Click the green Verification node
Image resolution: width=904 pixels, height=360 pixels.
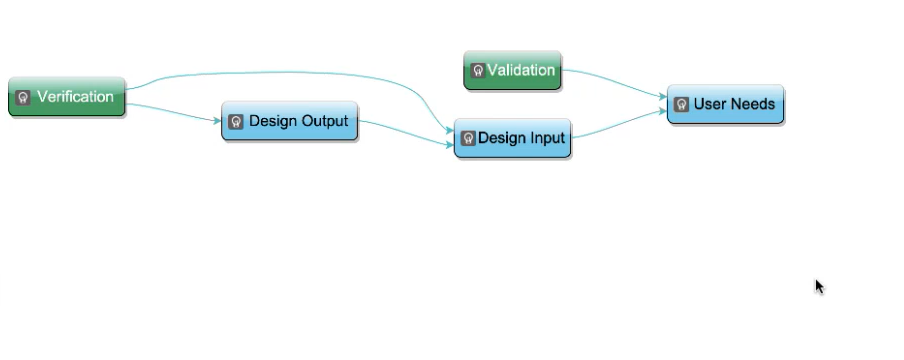click(x=67, y=96)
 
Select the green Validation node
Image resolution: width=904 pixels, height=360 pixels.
click(x=513, y=70)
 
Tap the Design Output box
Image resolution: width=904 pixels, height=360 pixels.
click(x=289, y=121)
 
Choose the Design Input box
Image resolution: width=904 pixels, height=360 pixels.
click(x=513, y=138)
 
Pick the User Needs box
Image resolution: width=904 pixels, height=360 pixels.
click(x=725, y=104)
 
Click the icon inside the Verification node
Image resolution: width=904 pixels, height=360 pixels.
click(x=23, y=98)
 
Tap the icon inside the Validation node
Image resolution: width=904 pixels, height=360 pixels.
click(x=478, y=71)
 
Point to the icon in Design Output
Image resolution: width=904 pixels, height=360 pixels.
click(x=235, y=122)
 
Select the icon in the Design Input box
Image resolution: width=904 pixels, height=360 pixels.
click(x=468, y=138)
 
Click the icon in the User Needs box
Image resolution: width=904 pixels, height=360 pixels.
click(x=681, y=104)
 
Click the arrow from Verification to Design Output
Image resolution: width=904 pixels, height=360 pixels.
click(x=173, y=112)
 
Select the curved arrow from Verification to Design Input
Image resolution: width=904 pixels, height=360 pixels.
click(x=288, y=72)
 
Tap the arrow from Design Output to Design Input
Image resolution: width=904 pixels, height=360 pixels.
click(x=406, y=133)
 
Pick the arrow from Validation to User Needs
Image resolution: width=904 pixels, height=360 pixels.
click(x=615, y=81)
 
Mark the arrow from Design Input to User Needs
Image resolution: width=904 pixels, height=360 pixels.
click(x=619, y=125)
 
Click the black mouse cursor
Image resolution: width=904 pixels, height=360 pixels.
click(x=819, y=287)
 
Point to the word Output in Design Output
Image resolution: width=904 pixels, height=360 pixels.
click(x=323, y=121)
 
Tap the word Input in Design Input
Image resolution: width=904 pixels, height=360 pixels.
click(x=546, y=139)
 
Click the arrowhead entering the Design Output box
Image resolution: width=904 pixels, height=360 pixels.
click(x=217, y=121)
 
